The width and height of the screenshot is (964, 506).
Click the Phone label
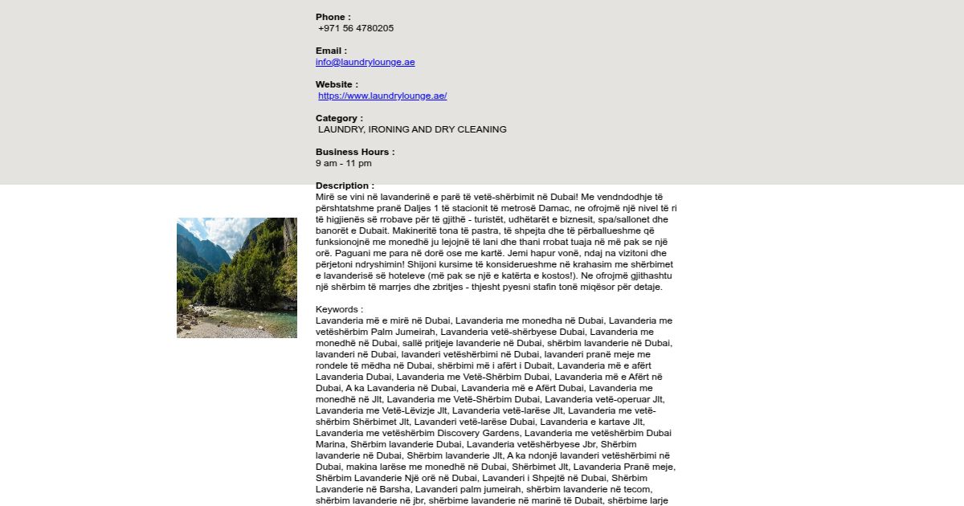[333, 17]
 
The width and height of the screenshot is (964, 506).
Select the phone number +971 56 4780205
[356, 28]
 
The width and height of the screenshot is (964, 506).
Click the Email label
[331, 51]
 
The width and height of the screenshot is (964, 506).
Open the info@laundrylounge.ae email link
[365, 62]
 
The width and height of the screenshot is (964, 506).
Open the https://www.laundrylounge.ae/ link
[382, 96]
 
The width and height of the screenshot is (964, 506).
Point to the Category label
[339, 118]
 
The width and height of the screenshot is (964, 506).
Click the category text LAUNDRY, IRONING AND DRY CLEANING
[412, 129]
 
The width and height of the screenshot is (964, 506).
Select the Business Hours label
[354, 152]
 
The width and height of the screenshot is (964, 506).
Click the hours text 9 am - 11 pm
[344, 163]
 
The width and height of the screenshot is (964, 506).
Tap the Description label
[345, 186]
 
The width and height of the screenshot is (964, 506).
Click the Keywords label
[339, 309]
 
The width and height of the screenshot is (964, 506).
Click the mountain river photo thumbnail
[237, 278]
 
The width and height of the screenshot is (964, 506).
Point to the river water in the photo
[257, 321]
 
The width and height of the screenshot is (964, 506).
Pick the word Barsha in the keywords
[391, 489]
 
